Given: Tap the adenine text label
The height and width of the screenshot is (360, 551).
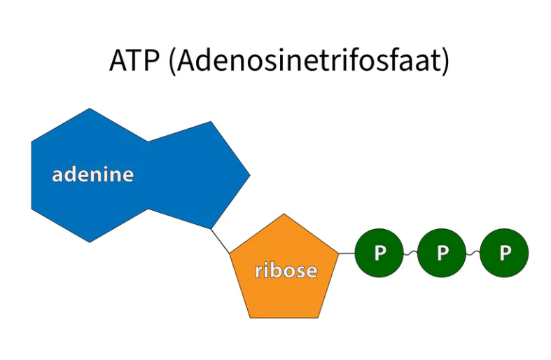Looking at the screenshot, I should [92, 174].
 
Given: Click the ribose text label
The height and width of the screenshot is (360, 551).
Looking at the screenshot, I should [286, 270].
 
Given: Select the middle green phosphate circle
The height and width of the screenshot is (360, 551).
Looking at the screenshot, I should [442, 253].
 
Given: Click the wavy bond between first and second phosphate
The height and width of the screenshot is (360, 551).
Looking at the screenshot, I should [410, 253].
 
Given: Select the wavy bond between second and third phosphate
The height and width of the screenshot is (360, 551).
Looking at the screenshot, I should [473, 253].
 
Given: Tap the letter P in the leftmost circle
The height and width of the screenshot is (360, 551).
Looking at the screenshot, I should [379, 253].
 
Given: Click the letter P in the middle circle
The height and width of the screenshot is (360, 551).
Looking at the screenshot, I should [442, 253].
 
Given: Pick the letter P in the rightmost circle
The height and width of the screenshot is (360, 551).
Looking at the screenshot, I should [505, 253].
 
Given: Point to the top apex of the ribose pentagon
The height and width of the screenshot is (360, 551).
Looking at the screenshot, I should [284, 214].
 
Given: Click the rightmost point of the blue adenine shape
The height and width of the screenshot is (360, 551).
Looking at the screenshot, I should [249, 175].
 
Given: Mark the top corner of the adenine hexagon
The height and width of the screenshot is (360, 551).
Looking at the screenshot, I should [90, 109].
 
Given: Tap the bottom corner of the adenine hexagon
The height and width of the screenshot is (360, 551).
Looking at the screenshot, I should [90, 242].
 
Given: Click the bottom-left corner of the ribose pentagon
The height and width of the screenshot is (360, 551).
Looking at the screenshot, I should [250, 317].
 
